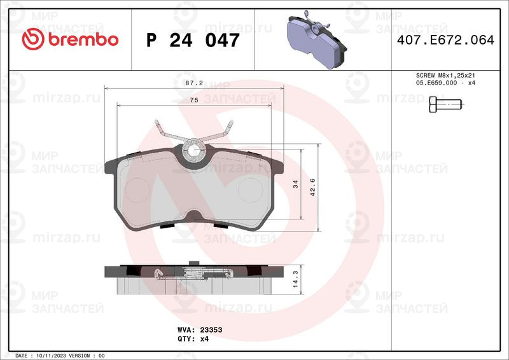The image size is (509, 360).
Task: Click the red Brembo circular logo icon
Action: pos(33,39)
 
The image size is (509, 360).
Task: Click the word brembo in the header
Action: pos(83,39)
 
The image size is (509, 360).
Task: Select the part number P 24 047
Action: pos(193,40)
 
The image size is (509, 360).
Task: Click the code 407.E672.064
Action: pos(445,40)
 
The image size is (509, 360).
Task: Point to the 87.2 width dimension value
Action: pos(194,83)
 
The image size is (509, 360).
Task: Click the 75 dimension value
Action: pos(194,100)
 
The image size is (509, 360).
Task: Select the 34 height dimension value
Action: pos(295,184)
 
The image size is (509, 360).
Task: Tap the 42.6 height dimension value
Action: pos(313,187)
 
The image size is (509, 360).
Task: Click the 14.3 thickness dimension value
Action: pos(295,279)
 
